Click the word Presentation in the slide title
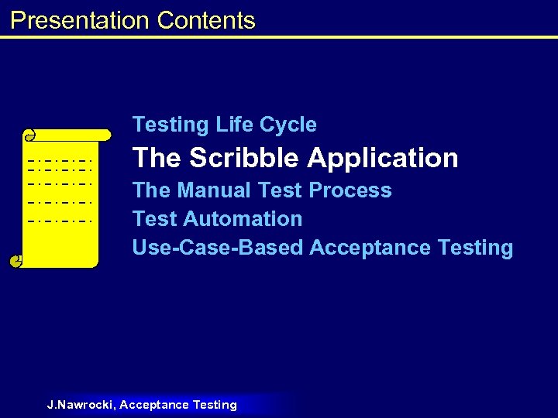pyautogui.click(x=80, y=20)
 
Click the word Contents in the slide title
pyautogui.click(x=205, y=20)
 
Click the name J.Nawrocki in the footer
pyautogui.click(x=81, y=405)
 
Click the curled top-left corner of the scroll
pyautogui.click(x=29, y=136)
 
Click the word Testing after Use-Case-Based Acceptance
pyautogui.click(x=475, y=248)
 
